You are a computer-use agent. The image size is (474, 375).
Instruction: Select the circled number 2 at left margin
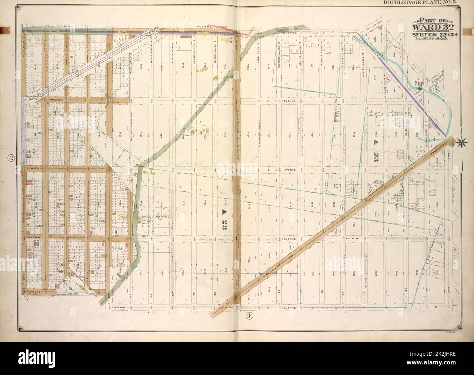coord(12,158)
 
